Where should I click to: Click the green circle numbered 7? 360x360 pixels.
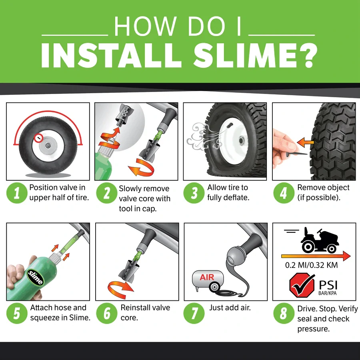pyautogui.click(x=194, y=313)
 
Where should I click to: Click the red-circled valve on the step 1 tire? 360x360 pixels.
pyautogui.click(x=38, y=138)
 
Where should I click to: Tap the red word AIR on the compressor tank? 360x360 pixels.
pyautogui.click(x=207, y=278)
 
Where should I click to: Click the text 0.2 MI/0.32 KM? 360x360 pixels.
pyautogui.click(x=312, y=265)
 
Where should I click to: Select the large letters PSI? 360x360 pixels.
pyautogui.click(x=328, y=285)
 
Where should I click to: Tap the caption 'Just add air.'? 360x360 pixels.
pyautogui.click(x=230, y=308)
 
